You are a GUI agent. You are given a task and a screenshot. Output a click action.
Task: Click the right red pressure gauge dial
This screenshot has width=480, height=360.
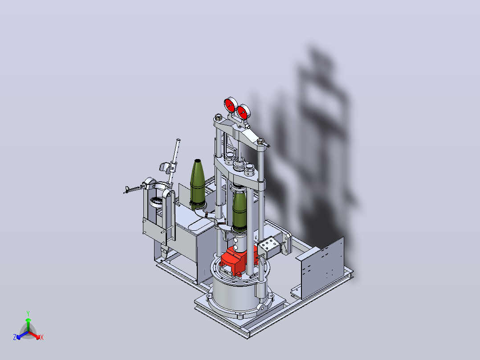click(243, 112)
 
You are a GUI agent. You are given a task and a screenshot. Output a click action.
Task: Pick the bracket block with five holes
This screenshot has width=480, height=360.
click(268, 246)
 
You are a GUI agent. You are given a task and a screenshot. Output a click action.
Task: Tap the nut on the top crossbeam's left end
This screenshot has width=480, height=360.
click(219, 117)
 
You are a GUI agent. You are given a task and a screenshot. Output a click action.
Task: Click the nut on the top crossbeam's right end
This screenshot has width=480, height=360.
click(261, 141)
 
